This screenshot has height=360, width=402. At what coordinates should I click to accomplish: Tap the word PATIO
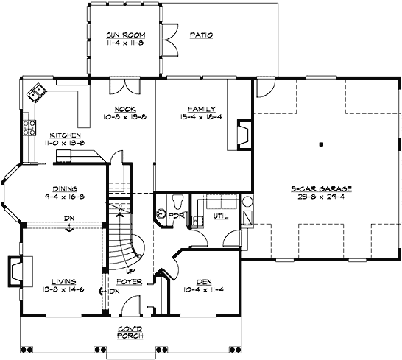coord(201,35)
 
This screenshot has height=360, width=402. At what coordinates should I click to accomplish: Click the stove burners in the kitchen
coord(30,127)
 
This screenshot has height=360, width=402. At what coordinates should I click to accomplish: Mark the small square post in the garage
coord(321,144)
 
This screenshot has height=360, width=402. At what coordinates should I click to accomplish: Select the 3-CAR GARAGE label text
coord(320,189)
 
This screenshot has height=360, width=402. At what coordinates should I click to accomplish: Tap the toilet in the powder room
coord(175,201)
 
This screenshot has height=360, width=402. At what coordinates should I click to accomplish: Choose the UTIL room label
coord(220,217)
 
